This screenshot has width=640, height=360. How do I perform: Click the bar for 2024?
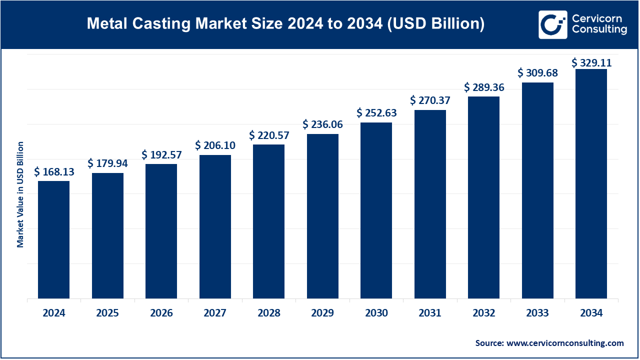coord(53,239)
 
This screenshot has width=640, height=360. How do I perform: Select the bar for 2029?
coord(322,216)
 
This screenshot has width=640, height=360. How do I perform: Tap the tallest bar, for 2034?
coord(591,183)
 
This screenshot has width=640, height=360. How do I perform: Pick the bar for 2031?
coord(430,204)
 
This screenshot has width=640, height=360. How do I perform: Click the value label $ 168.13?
coord(54,172)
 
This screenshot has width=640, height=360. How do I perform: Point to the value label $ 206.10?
coord(215,145)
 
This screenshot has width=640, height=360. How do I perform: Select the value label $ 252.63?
coord(376,113)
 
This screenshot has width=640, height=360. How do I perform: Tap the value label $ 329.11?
coord(591,62)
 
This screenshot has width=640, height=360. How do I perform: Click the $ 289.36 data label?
coord(484,87)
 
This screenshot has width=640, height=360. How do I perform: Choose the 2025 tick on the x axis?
coord(107,313)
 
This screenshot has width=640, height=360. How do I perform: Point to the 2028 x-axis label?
coord(269,313)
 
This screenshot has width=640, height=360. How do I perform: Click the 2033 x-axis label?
coord(537,313)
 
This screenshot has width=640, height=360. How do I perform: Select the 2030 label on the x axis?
coord(376,313)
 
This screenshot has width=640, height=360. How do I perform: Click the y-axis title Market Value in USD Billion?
coord(20,194)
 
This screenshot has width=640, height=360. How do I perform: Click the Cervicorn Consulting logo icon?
coord(552,24)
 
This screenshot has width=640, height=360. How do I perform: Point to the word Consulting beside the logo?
coord(599,30)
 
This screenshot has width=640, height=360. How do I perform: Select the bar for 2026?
coord(161,231)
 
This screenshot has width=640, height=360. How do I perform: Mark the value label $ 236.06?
coord(322,124)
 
